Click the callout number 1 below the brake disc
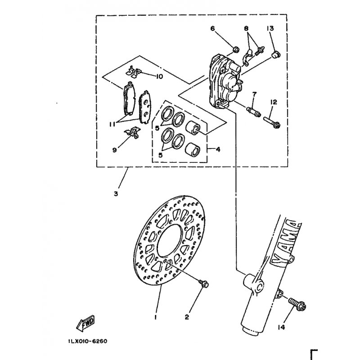point(156,317)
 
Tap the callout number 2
point(187,317)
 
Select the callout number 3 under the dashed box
point(116,193)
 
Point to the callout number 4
point(218,149)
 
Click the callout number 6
point(212,28)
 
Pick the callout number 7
point(254,94)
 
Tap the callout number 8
point(246,28)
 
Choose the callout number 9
point(114,150)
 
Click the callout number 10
point(159,76)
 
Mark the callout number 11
point(112,124)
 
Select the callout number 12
point(274,102)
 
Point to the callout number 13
point(270,28)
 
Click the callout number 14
point(282,327)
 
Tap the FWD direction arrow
point(85,323)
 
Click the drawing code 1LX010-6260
point(88,341)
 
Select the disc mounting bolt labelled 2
point(204,283)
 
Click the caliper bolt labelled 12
point(272,122)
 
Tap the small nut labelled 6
point(236,49)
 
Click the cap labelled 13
point(276,55)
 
